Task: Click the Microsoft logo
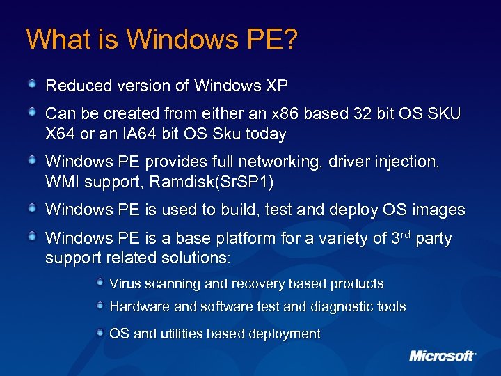click(443, 356)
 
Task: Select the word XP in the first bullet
click(276, 86)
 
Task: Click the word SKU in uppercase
click(442, 113)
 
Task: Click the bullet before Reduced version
click(32, 85)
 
